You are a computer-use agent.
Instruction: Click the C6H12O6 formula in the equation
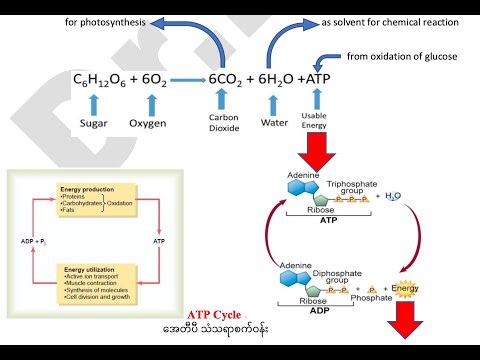point(105,80)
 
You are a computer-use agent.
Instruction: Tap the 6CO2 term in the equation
point(232,80)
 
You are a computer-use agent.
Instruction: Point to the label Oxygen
point(148,124)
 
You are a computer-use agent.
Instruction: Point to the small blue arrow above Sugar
point(98,102)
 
